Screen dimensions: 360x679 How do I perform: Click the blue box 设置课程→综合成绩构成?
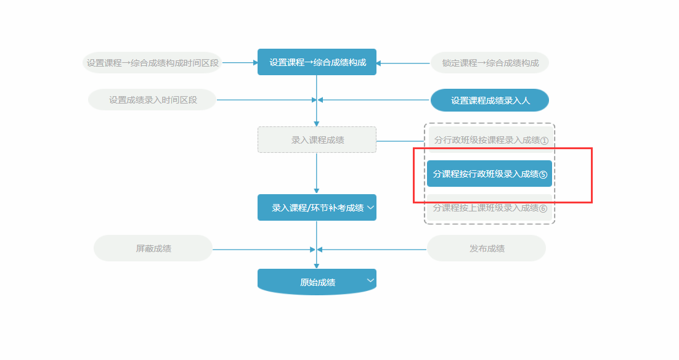pos(317,62)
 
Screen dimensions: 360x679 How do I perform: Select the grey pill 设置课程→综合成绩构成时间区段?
pos(152,63)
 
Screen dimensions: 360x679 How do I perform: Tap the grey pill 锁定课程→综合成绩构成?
pos(490,63)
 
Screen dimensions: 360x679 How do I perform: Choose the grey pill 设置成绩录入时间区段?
pos(153,100)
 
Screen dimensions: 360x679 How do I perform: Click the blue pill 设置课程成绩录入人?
pos(490,100)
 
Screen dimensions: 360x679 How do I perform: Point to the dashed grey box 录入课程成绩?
pos(317,140)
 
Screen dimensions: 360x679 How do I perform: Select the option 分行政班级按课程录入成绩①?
pos(490,140)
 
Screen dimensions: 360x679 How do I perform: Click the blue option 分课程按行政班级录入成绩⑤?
pos(489,174)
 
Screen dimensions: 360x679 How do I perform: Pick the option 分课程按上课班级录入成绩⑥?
pos(489,208)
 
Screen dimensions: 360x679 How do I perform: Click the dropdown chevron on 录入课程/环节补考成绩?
pos(370,208)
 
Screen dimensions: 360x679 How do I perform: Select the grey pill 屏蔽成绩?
pos(153,248)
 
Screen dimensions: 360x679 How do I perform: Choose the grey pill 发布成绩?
pos(487,248)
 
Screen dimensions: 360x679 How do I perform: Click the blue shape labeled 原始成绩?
pos(317,282)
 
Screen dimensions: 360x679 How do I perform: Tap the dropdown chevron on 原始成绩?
pos(370,280)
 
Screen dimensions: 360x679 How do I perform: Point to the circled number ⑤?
pos(543,174)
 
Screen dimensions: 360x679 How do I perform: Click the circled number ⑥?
pos(543,209)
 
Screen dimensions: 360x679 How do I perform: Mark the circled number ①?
pos(544,141)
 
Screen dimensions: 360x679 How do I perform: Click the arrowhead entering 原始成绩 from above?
pos(317,266)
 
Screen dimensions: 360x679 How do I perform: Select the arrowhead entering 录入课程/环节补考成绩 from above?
pos(317,191)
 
